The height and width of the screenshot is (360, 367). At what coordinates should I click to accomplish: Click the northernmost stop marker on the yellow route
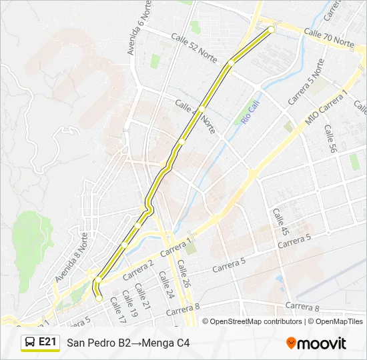(272, 29)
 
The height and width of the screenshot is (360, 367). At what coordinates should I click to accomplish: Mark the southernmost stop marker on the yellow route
(99, 298)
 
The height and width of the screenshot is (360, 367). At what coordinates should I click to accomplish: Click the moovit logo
(316, 343)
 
